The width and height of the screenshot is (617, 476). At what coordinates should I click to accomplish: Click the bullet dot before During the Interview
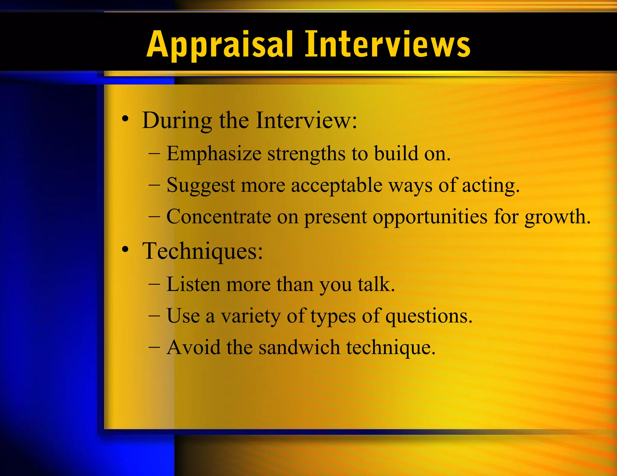click(125, 119)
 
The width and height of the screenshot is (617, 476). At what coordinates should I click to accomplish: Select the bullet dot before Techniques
click(125, 249)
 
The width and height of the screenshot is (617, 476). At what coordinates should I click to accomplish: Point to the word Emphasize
click(214, 154)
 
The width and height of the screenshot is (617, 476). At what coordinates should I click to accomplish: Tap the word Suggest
click(201, 186)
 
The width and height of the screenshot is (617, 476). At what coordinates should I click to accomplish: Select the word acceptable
click(337, 186)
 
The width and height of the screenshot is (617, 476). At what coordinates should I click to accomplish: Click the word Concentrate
click(219, 217)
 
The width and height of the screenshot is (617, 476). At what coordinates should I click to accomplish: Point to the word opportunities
click(430, 217)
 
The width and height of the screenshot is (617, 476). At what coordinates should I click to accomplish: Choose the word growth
click(557, 217)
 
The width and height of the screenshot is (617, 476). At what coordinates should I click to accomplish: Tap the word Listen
click(193, 284)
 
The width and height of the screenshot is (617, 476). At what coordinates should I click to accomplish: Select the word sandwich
click(299, 348)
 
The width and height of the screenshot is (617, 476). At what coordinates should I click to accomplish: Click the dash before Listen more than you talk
click(154, 284)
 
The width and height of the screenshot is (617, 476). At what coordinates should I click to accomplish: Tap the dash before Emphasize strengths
click(154, 154)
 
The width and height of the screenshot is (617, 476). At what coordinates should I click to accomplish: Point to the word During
click(177, 121)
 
